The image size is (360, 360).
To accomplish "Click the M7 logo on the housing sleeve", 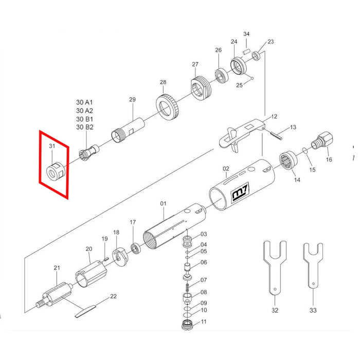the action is tap(240, 192).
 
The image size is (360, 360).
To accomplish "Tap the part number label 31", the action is tap(52, 146).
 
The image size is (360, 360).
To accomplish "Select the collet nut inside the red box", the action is tap(57, 171).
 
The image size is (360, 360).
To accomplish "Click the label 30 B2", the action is tap(85, 127).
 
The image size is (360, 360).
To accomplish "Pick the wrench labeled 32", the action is tap(275, 268).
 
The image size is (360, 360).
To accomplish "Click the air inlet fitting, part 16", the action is tap(322, 140).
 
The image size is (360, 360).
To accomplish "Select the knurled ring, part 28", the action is tap(167, 107).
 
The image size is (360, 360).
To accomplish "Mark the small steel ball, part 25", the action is tap(252, 79).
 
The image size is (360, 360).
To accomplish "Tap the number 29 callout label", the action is tap(133, 100).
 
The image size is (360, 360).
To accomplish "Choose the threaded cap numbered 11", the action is tap(187, 325).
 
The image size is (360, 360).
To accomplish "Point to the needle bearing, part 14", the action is tap(289, 160).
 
